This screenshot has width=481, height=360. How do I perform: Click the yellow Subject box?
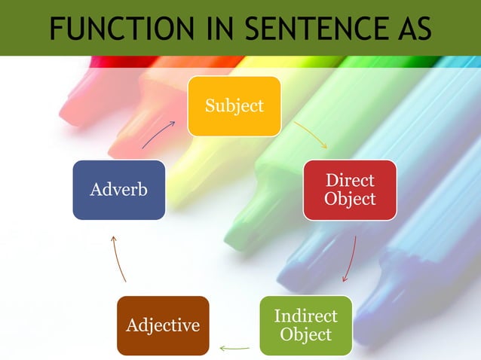[x=234, y=106]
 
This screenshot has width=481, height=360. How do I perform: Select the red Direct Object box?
[x=349, y=190]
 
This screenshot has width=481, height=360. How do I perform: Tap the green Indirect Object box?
[x=305, y=325]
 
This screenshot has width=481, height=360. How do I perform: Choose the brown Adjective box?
[x=163, y=325]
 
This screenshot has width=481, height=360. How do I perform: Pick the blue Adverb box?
[x=118, y=190]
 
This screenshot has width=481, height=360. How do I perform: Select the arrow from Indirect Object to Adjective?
[x=234, y=348]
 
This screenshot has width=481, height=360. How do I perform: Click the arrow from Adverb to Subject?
[x=158, y=133]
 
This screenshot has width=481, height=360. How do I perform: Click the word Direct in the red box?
[x=350, y=181]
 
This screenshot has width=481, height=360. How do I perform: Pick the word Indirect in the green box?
[x=305, y=316]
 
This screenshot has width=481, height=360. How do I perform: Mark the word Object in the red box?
[x=350, y=199]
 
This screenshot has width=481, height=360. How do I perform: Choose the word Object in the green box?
[x=305, y=334]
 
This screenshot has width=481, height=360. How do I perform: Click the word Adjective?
[x=163, y=325]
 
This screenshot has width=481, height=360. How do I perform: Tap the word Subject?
[x=234, y=106]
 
